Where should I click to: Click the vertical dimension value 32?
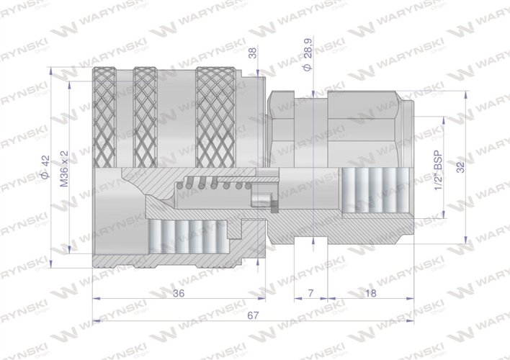click(x=460, y=166)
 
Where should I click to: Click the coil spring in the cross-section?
click(x=216, y=186)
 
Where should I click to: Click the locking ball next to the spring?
click(x=261, y=199)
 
